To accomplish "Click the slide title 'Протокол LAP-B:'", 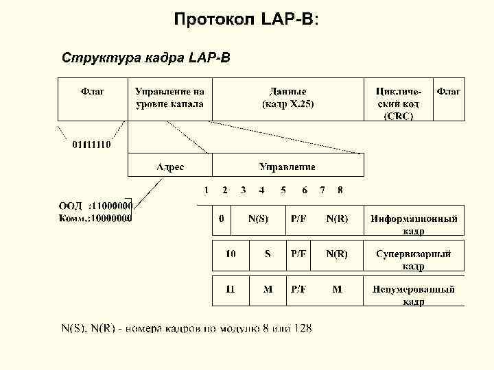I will click(246, 18).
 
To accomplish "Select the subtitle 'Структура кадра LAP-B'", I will click(146, 56).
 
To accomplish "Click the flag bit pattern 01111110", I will click(93, 145).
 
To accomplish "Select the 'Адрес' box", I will click(169, 166).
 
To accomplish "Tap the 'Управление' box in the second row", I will click(287, 166).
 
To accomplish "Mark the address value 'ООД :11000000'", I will click(95, 205).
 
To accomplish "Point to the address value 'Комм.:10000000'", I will click(95, 218).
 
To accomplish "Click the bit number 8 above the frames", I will click(340, 189).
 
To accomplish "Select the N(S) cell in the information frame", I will click(258, 219).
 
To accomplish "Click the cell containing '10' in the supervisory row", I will click(231, 254).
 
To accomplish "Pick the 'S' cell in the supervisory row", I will click(268, 254).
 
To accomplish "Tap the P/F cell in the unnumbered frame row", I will click(299, 289).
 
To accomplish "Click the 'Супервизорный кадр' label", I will click(414, 259).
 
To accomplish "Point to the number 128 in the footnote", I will click(302, 329).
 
